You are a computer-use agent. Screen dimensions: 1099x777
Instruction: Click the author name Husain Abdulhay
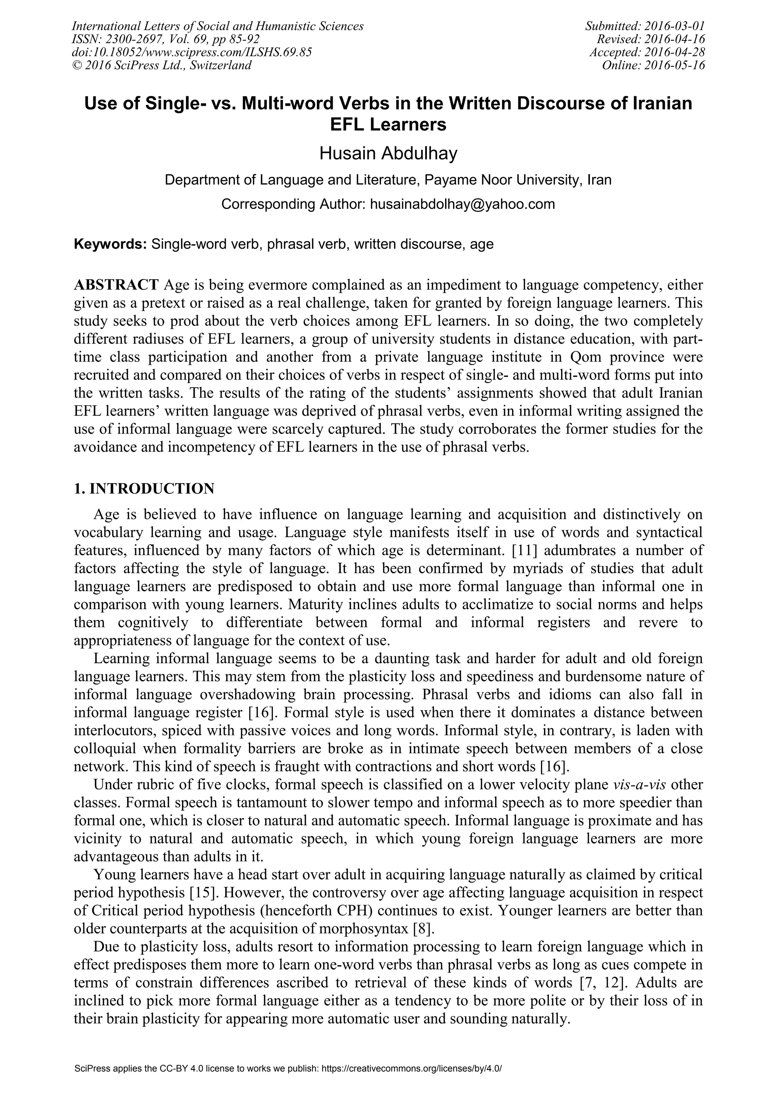coord(388,154)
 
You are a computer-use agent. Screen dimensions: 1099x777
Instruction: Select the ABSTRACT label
coord(116,285)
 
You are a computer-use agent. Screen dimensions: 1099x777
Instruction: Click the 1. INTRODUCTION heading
coord(144,489)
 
